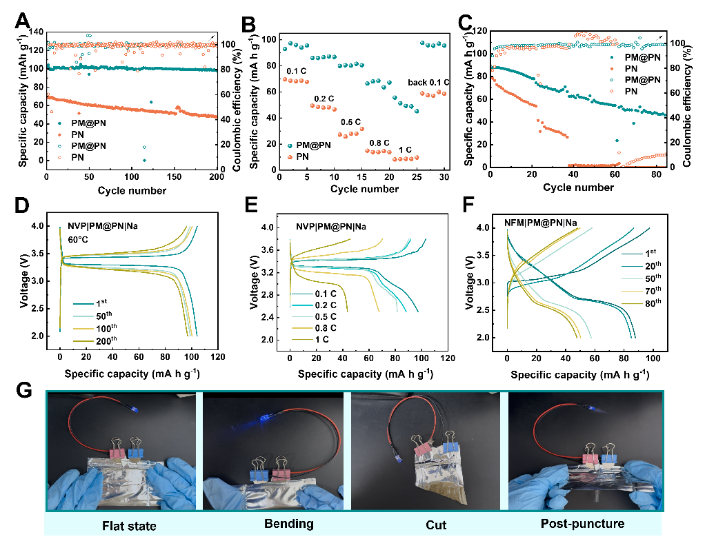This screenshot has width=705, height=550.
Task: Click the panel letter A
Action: tap(22, 21)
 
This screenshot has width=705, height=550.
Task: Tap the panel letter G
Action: tap(24, 389)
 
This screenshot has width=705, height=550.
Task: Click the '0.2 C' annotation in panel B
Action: tap(324, 99)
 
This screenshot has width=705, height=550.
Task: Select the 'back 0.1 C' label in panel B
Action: tap(428, 83)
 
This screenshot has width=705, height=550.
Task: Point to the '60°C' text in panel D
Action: tap(78, 239)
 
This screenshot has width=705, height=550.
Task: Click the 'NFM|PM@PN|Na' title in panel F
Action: tap(540, 223)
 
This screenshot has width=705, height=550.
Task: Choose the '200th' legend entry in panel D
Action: tap(106, 340)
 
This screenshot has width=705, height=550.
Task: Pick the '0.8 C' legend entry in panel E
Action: tap(326, 328)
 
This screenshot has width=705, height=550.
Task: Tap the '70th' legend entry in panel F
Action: tap(653, 291)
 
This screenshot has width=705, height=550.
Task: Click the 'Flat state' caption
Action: tap(129, 526)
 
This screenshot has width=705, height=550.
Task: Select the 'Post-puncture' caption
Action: tap(582, 524)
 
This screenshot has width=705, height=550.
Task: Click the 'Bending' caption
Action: tap(288, 524)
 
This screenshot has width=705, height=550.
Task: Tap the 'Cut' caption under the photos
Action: tap(436, 525)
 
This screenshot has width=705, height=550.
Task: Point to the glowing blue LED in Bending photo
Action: tap(265, 419)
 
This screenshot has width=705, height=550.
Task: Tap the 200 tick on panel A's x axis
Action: tap(217, 176)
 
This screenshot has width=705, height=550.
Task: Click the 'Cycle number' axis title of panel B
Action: tap(364, 189)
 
